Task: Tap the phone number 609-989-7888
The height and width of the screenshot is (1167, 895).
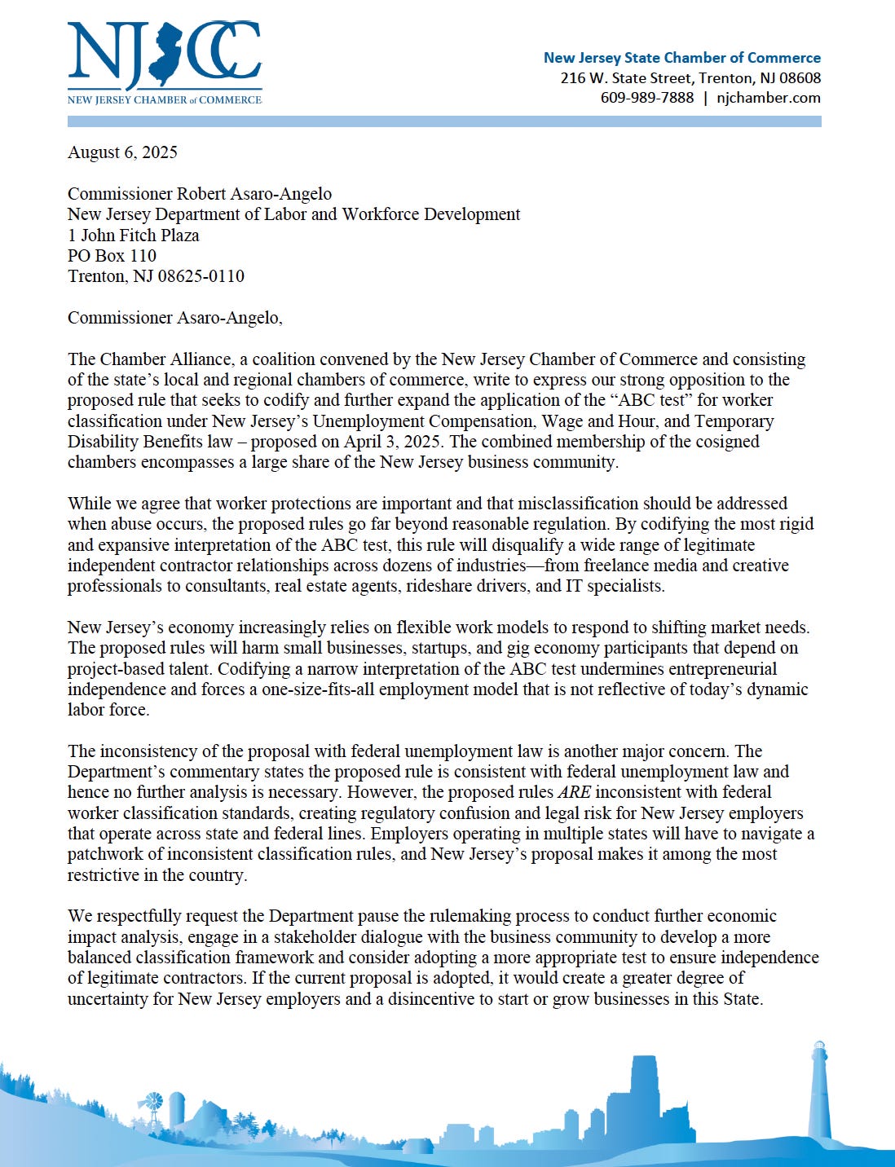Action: [647, 98]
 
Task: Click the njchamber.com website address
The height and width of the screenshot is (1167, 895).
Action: [769, 98]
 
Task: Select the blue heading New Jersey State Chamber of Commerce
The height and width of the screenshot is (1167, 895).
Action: [681, 58]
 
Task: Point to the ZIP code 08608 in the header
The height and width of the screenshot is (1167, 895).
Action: [800, 78]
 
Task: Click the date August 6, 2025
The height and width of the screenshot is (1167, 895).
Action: [122, 152]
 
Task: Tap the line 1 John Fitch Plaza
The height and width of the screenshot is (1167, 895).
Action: [133, 236]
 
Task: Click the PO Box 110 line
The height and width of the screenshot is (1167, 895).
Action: [112, 256]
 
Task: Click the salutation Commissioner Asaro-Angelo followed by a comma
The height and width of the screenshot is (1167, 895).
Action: [174, 318]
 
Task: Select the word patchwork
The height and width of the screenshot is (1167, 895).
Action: [106, 854]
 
